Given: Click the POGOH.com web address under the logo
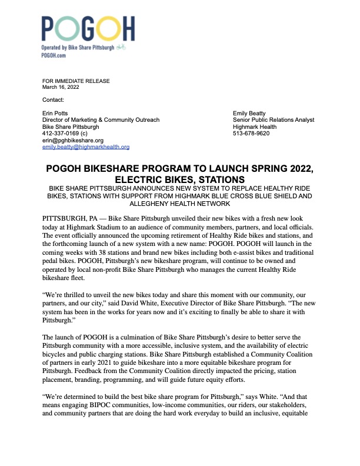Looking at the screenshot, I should (x=53, y=55).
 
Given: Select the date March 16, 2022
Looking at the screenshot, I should (x=62, y=87).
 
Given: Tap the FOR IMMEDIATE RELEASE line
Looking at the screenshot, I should (x=76, y=81).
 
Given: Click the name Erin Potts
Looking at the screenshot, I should (x=56, y=113).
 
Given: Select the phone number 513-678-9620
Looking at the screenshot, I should (x=251, y=134).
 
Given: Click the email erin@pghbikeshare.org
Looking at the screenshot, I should (x=73, y=141).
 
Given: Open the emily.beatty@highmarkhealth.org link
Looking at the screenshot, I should (x=86, y=147).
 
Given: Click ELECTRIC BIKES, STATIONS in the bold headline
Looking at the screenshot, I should (x=179, y=179).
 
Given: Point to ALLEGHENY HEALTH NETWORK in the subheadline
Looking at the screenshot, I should (x=179, y=204).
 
